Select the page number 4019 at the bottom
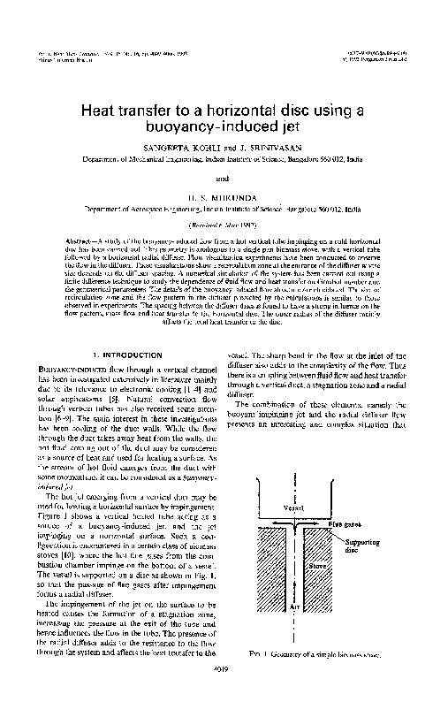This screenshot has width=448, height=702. point(224,691)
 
